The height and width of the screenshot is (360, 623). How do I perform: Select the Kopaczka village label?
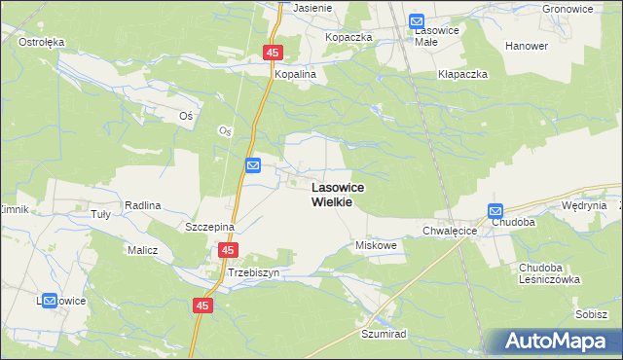349,37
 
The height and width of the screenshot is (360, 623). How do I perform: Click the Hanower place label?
527,46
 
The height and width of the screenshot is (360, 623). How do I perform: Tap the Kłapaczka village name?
462,74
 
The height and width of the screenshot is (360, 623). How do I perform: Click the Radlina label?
142,206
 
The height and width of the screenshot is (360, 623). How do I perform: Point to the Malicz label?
141,250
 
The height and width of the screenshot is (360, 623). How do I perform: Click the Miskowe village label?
378,246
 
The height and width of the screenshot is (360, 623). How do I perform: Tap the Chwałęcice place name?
449,231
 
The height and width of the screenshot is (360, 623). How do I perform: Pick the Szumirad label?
383,332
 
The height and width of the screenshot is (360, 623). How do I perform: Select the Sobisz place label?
591,314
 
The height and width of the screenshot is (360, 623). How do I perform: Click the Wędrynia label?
584,206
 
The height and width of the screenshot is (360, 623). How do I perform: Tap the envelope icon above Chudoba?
495,211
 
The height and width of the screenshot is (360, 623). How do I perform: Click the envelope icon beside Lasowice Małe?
417,20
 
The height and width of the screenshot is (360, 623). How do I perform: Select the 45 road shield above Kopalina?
273,54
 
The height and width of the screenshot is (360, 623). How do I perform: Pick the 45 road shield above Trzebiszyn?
227,251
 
